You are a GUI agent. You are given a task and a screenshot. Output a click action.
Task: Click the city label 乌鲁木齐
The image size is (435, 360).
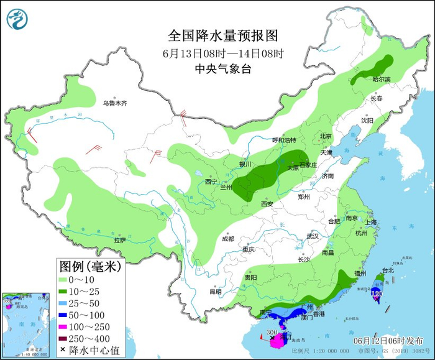[x=114, y=103]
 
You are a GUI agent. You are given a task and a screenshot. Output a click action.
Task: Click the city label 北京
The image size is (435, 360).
[x=326, y=136]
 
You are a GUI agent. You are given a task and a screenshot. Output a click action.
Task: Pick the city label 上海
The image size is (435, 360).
[x=372, y=222]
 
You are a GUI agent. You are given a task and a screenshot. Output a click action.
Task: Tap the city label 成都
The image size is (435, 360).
[x=227, y=239]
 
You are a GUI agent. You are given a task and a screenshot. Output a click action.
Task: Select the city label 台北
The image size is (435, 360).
[x=388, y=270]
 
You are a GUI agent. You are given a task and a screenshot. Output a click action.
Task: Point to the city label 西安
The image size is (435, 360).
[x=267, y=203]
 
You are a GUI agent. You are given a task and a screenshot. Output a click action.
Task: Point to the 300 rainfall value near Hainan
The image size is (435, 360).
[x=272, y=333]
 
